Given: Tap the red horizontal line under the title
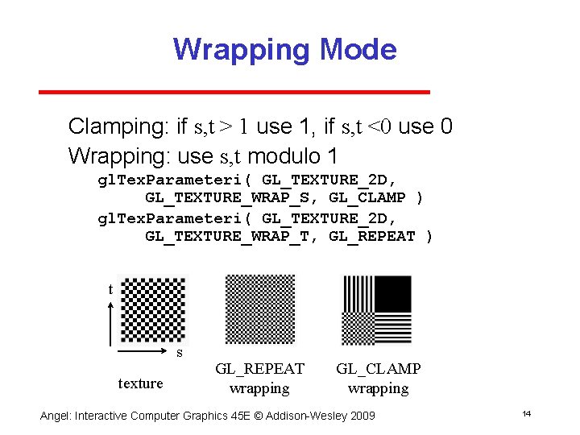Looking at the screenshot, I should coord(234,92).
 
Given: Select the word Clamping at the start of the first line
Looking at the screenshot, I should coord(117,126).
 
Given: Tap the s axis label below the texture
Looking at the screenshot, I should coord(180,353).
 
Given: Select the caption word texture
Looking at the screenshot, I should coord(140,383).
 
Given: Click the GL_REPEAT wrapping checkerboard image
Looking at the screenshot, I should coord(260,310).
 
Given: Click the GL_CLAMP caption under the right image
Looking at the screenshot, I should coord(378,369).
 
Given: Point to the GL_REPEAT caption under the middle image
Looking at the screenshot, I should coord(259,369).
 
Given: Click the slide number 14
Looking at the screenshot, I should coord(526,413).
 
